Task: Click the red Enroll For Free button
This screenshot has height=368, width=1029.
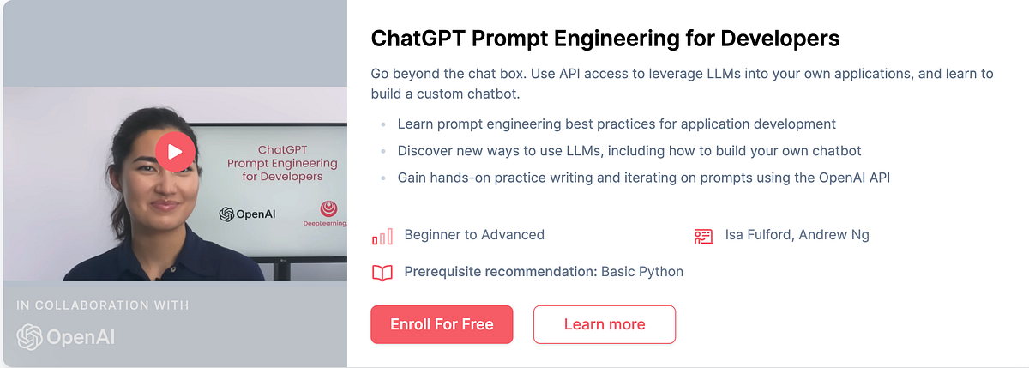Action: click(x=442, y=324)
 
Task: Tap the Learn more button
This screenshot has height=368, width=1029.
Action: click(x=605, y=324)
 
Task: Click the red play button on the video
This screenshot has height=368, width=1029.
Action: click(x=175, y=153)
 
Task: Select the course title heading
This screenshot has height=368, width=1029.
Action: click(x=605, y=39)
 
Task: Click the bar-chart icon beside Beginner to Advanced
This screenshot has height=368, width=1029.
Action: click(x=382, y=236)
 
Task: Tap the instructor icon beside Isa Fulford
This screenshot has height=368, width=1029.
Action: click(x=703, y=236)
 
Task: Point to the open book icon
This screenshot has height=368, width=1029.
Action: click(x=382, y=273)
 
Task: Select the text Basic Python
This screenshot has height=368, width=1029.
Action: click(x=642, y=272)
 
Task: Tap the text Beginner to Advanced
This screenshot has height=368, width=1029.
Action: click(x=474, y=235)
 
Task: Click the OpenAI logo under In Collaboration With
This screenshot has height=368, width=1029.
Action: click(x=65, y=336)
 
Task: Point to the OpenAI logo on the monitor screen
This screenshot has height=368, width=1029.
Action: click(x=247, y=214)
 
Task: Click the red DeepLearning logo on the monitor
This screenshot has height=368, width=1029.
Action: click(x=328, y=209)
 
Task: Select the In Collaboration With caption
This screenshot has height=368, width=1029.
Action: click(x=103, y=305)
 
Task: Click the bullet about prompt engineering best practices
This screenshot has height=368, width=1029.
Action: click(x=617, y=124)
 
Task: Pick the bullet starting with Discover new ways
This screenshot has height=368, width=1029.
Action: click(x=629, y=151)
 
